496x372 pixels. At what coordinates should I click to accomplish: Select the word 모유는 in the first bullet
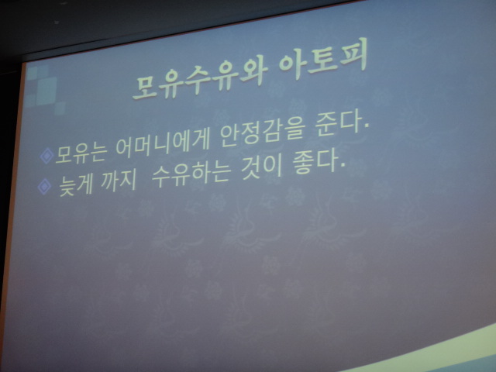pos(81,153)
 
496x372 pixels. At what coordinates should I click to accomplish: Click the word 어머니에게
pos(162,144)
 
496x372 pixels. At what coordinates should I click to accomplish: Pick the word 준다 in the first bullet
pos(338,123)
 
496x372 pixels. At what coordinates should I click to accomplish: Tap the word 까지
pos(119,180)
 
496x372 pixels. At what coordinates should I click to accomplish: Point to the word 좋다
pos(315,162)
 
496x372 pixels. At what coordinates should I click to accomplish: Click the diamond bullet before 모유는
pos(46,156)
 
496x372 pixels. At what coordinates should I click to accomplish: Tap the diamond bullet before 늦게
pos(44,186)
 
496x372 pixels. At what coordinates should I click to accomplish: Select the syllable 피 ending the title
pos(355,56)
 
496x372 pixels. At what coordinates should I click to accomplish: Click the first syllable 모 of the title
pos(145,87)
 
